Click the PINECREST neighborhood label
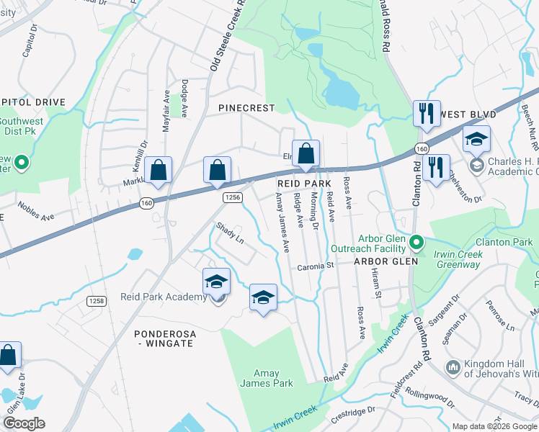pos(246,108)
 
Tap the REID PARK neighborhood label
pos(304,184)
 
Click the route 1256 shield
pos(232,197)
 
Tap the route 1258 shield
pos(97,300)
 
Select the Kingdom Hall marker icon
pos(453,367)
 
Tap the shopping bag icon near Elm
pos(306,153)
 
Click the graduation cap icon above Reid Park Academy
pos(216,282)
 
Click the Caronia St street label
pos(317,266)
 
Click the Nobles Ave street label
pos(36,211)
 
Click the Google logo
pos(23,423)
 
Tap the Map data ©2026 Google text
pos(494,426)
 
